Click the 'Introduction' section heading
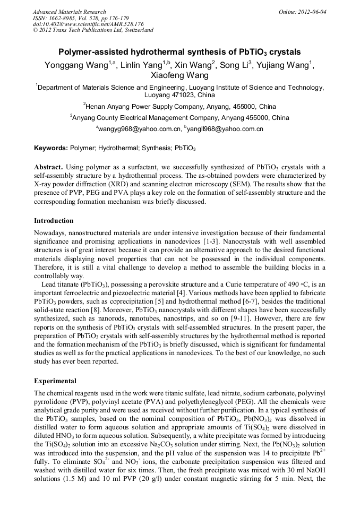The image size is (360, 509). click(54, 220)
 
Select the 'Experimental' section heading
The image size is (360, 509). click(55, 381)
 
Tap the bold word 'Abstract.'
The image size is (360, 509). click(49, 166)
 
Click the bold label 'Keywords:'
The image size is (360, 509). click(50, 147)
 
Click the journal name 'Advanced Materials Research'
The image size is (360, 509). click(69, 12)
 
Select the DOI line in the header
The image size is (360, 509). click(88, 24)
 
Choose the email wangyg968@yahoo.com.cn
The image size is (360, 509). click(138, 129)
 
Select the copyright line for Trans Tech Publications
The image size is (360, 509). click(93, 30)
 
